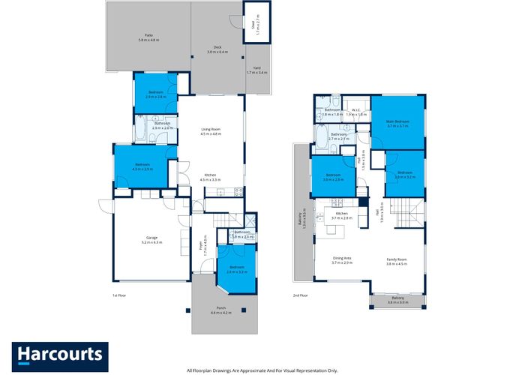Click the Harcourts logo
[x=60, y=354]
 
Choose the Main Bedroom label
[x=397, y=121]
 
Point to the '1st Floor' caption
[x=119, y=295]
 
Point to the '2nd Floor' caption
[x=300, y=295]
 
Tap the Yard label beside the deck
[x=256, y=70]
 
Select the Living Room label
[x=211, y=130]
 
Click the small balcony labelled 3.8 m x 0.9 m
[x=397, y=300]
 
